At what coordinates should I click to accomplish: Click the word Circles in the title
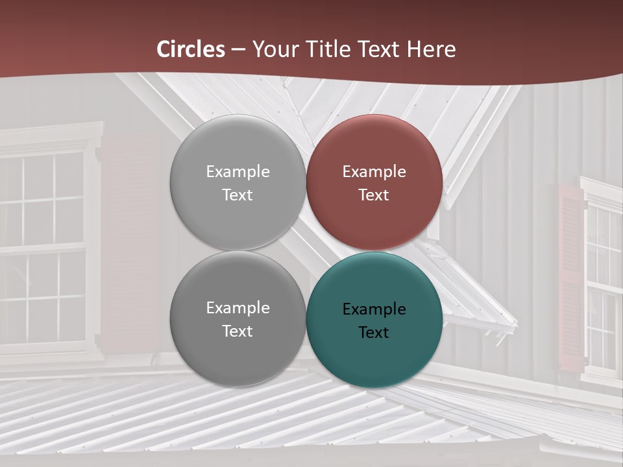(x=191, y=49)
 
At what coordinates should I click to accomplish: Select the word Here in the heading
(x=431, y=49)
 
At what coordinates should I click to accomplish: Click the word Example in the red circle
(x=374, y=172)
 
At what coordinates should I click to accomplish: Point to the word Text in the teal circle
(x=374, y=332)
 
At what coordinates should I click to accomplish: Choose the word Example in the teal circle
(x=374, y=309)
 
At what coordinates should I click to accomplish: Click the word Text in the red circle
(x=374, y=195)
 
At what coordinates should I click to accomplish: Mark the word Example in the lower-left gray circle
(x=238, y=308)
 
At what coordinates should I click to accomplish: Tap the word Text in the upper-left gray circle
(x=238, y=195)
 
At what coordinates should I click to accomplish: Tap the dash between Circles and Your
(x=238, y=49)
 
